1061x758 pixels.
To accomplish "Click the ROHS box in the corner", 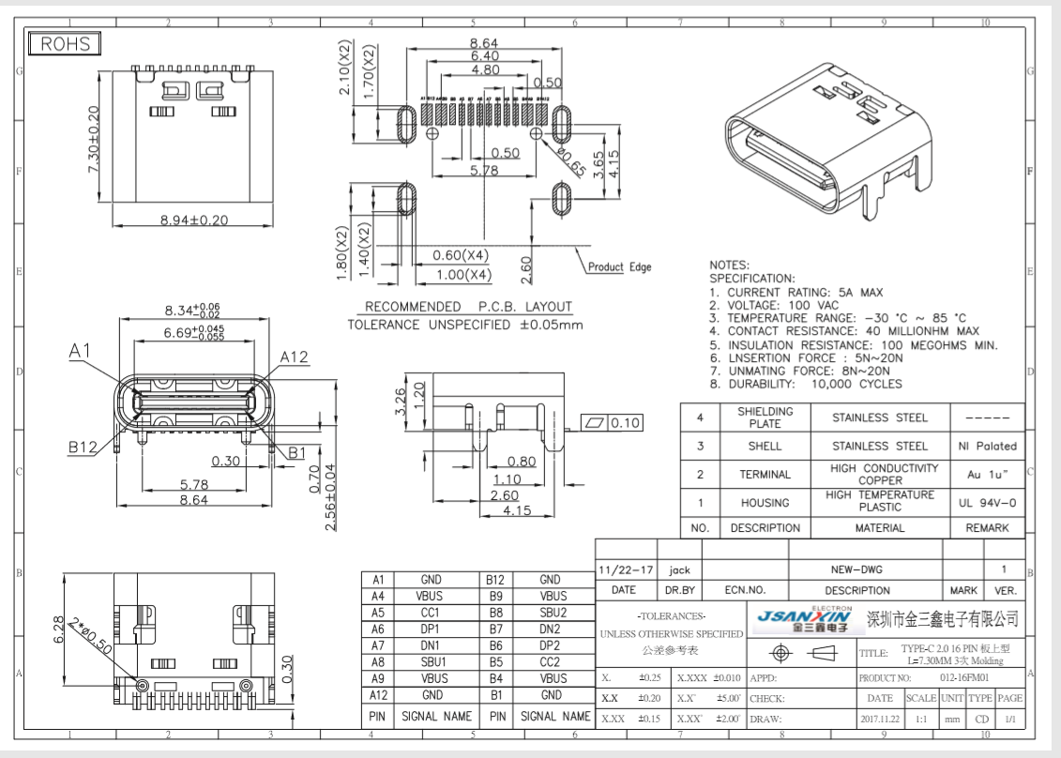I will pyautogui.click(x=66, y=44).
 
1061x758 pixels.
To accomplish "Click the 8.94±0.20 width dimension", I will pyautogui.click(x=197, y=220).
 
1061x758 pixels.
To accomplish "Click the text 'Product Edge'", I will pyautogui.click(x=618, y=267).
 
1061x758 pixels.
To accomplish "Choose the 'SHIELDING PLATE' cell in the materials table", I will pyautogui.click(x=765, y=417).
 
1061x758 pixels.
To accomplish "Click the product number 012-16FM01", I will pyautogui.click(x=972, y=675).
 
